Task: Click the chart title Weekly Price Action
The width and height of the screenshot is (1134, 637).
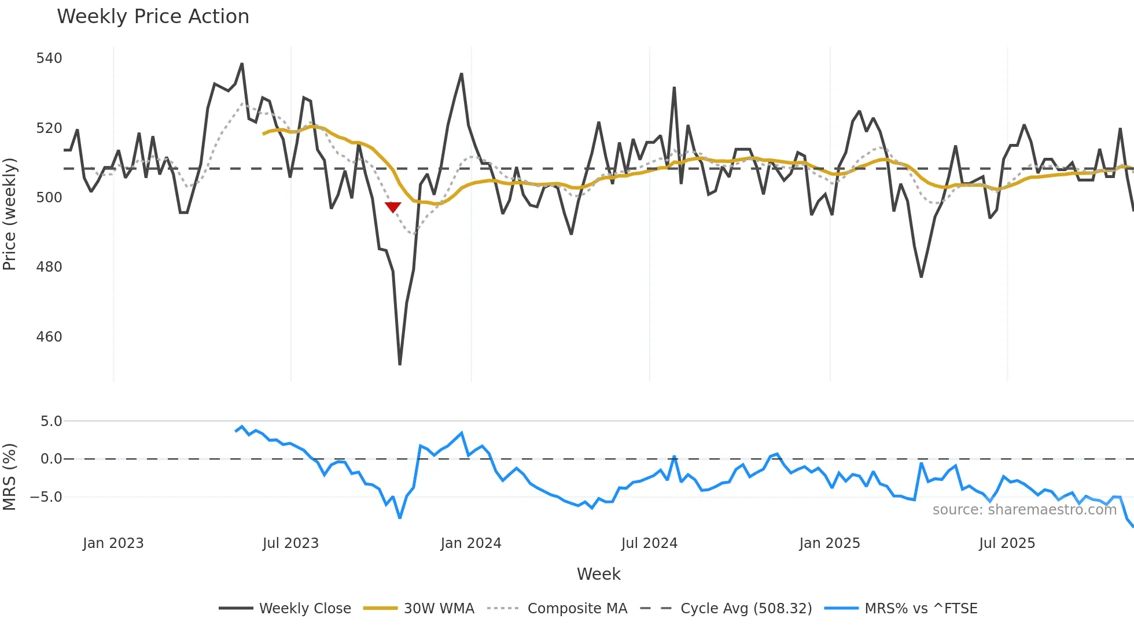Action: (x=153, y=17)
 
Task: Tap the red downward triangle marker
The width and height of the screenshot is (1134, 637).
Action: (x=393, y=207)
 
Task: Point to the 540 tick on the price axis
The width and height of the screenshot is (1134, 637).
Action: (x=49, y=58)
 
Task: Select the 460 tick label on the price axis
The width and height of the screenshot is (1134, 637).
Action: (x=49, y=337)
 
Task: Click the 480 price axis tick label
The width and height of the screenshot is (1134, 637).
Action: (x=49, y=267)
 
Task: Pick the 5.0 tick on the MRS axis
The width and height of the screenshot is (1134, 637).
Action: (x=51, y=421)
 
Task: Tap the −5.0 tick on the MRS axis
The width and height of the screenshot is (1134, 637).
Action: (x=46, y=497)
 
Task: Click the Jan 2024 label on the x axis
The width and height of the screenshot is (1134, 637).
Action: (x=470, y=543)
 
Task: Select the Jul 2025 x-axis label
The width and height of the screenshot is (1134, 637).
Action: (x=1007, y=543)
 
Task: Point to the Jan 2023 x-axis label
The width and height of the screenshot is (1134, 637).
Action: (x=113, y=543)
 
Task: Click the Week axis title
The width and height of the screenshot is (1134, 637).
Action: (x=598, y=574)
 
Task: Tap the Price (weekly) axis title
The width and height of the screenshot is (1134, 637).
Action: (x=10, y=214)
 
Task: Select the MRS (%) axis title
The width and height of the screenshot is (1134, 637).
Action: (x=10, y=477)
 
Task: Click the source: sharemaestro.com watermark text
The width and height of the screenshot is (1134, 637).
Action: (x=1024, y=510)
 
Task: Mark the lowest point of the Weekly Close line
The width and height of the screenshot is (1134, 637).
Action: (x=400, y=364)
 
